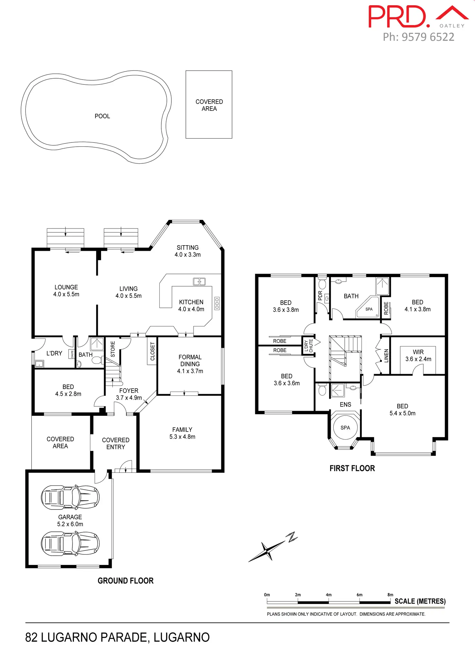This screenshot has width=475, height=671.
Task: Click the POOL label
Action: pos(102,116)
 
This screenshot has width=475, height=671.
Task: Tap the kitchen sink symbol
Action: pos(199,281)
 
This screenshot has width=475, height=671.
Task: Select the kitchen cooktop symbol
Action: pos(217,303)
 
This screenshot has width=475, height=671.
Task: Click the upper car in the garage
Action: pos(70,497)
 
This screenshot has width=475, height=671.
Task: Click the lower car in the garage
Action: pos(70,544)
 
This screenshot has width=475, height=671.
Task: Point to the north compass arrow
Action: pos(273,547)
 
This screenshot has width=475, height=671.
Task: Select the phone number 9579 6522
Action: pos(428,37)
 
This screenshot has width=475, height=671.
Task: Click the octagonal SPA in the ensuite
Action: pos(345,428)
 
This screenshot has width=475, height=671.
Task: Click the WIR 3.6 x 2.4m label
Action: pos(418,355)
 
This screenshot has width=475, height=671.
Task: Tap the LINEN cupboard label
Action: pos(386,356)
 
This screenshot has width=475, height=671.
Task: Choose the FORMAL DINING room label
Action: pos(190,364)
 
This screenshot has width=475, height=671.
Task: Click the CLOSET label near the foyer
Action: pos(153,351)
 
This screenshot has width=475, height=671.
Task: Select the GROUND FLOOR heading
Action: pos(126,581)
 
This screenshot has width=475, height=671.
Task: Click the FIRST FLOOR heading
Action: pos(352,468)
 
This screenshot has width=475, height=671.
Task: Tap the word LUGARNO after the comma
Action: pos(181,637)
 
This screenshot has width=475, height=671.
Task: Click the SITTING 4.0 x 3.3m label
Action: pos(187,251)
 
